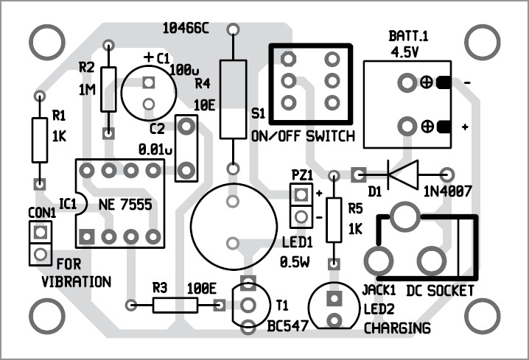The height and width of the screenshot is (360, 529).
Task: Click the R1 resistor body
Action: click(40, 140)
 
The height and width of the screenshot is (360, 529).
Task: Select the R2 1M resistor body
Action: click(109, 89)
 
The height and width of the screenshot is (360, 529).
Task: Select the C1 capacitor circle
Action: click(150, 92)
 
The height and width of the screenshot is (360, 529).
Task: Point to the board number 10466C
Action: click(186, 29)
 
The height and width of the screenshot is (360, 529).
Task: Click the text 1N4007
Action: click(446, 194)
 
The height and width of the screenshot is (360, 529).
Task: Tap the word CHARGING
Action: click(397, 328)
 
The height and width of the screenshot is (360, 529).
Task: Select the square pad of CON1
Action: click(41, 233)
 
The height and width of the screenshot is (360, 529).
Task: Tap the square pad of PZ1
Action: click(300, 196)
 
